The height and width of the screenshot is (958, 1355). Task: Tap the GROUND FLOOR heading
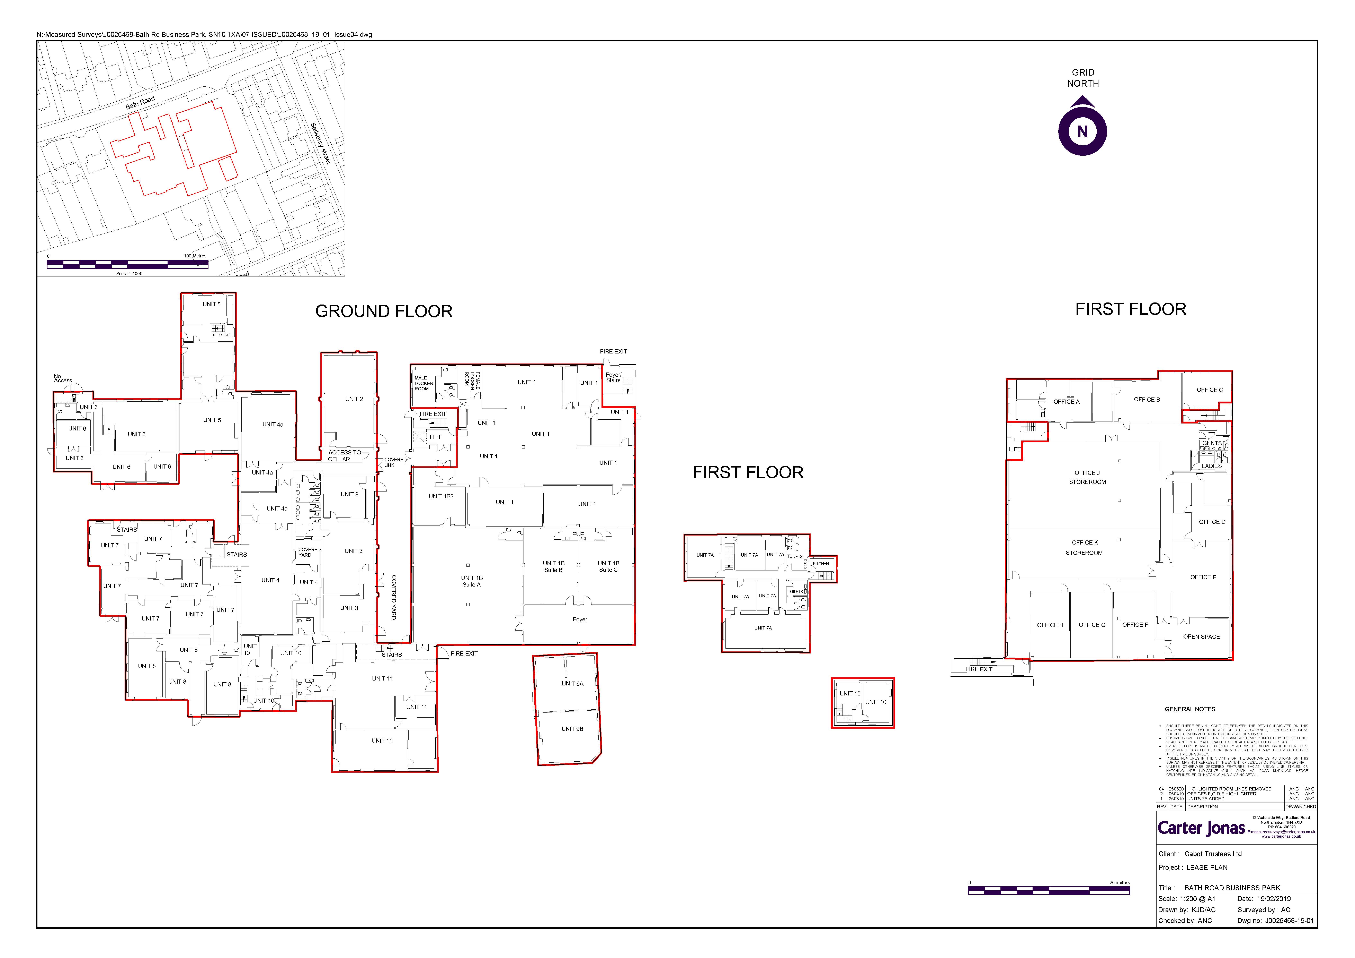384,311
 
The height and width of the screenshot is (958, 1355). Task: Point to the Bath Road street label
140,103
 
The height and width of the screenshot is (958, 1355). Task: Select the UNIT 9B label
572,729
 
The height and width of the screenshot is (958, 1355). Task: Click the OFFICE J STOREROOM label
1087,477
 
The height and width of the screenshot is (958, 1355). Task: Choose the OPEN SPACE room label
1201,637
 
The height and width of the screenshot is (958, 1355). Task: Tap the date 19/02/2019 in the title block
1273,898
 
